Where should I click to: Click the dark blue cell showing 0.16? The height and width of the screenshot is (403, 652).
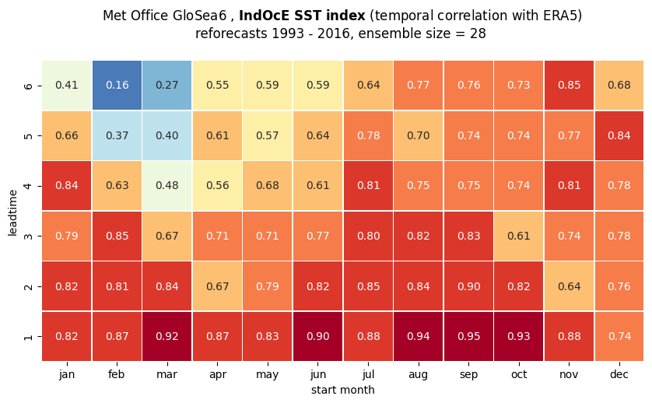tap(117, 86)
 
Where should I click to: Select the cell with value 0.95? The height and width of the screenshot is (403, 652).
tap(468, 336)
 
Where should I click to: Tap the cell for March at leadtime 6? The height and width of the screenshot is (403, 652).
tap(167, 86)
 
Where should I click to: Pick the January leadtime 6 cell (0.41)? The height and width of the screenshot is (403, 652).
tap(67, 86)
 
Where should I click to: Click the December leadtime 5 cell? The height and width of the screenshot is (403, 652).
tap(619, 135)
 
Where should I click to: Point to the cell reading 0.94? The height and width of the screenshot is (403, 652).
tap(419, 336)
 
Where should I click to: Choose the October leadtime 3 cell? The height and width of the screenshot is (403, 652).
tap(518, 236)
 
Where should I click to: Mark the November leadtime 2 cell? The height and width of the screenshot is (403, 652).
tap(569, 286)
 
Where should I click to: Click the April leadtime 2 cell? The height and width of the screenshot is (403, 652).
tap(218, 286)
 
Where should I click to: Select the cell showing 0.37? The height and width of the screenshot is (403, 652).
tap(117, 135)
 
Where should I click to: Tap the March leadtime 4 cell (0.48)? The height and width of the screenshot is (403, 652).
tap(167, 185)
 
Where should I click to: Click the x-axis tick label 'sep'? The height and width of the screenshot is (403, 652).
tap(468, 375)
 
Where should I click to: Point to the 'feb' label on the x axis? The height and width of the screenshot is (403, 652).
tap(117, 374)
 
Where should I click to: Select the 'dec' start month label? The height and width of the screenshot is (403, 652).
tap(619, 374)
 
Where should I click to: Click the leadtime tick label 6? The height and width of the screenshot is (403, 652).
tap(28, 86)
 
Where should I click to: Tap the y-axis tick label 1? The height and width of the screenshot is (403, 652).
tap(28, 336)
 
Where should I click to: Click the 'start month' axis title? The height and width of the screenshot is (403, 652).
tap(342, 390)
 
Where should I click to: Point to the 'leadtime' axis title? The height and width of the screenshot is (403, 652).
tap(12, 212)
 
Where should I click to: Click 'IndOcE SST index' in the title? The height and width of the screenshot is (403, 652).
tap(302, 16)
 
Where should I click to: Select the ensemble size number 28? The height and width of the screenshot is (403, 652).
tap(478, 33)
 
